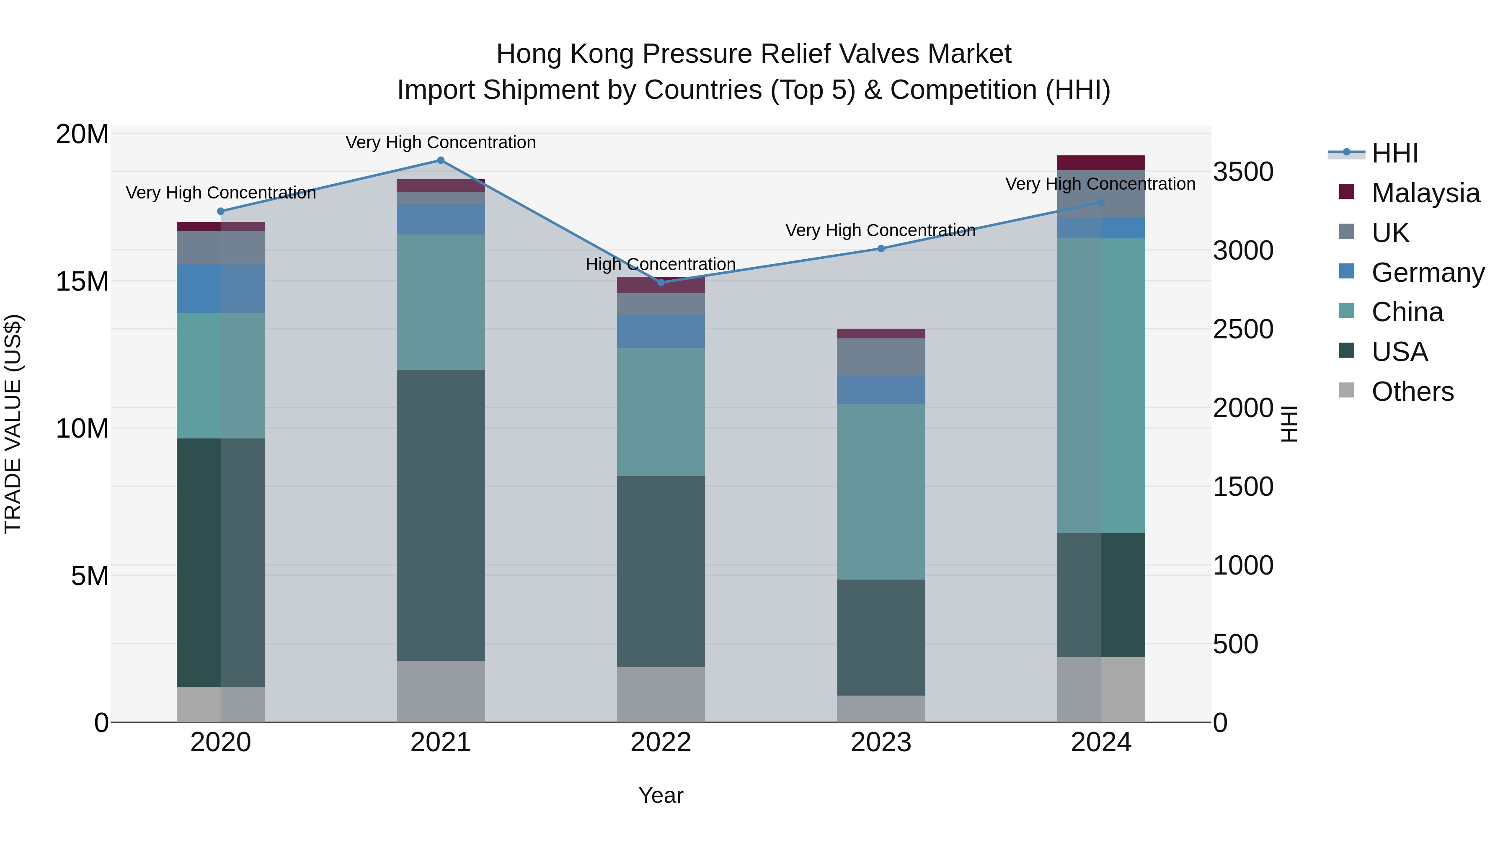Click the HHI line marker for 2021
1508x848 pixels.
pyautogui.click(x=441, y=160)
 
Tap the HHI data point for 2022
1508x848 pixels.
pyautogui.click(x=661, y=283)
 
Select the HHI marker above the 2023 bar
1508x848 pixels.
pyautogui.click(x=881, y=249)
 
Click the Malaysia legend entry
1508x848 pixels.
pyautogui.click(x=1425, y=193)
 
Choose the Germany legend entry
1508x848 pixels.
pyautogui.click(x=1427, y=273)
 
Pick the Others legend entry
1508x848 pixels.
pyautogui.click(x=1412, y=392)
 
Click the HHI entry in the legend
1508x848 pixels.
pyautogui.click(x=1394, y=153)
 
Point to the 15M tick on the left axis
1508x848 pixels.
pyautogui.click(x=82, y=281)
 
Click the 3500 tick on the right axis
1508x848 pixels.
pyautogui.click(x=1243, y=172)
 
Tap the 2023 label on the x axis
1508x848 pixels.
pyautogui.click(x=881, y=742)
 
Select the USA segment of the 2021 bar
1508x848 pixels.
pyautogui.click(x=441, y=515)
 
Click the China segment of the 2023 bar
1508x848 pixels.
pyautogui.click(x=881, y=492)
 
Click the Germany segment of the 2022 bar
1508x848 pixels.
pyautogui.click(x=661, y=332)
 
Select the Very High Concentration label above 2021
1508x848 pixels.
pyautogui.click(x=441, y=143)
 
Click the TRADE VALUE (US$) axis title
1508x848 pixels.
pyautogui.click(x=13, y=424)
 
